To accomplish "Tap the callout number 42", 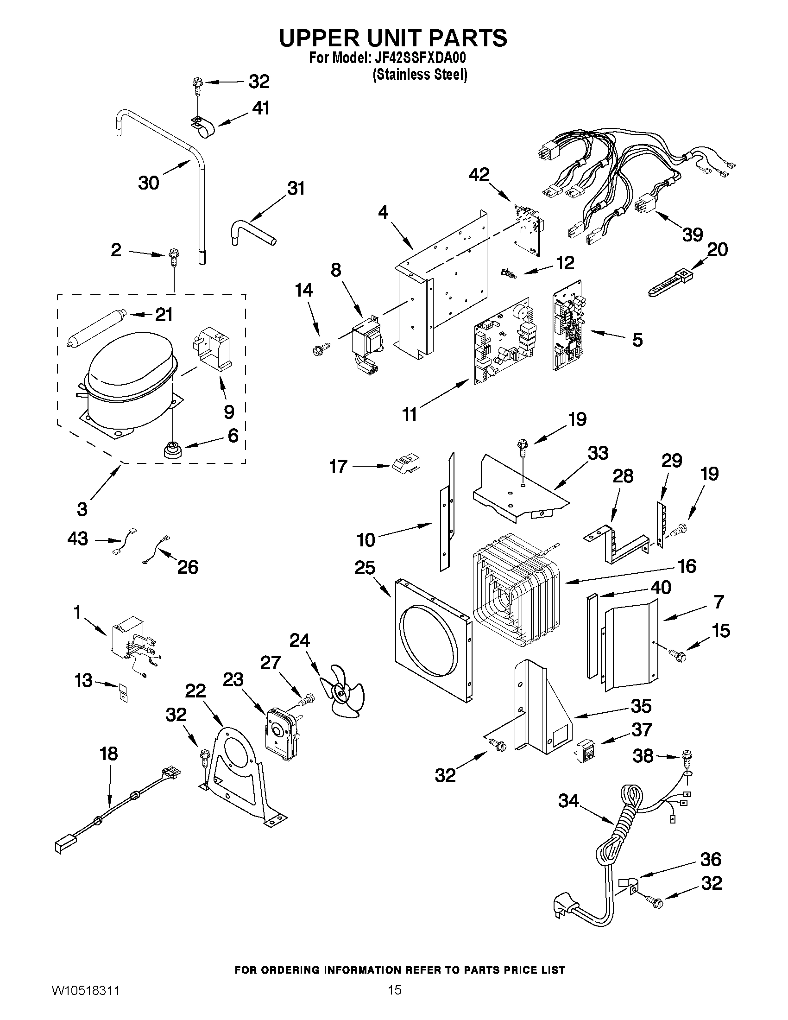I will click(x=479, y=175).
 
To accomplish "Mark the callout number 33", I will click(x=598, y=453).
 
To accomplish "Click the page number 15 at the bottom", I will click(x=395, y=1003).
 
